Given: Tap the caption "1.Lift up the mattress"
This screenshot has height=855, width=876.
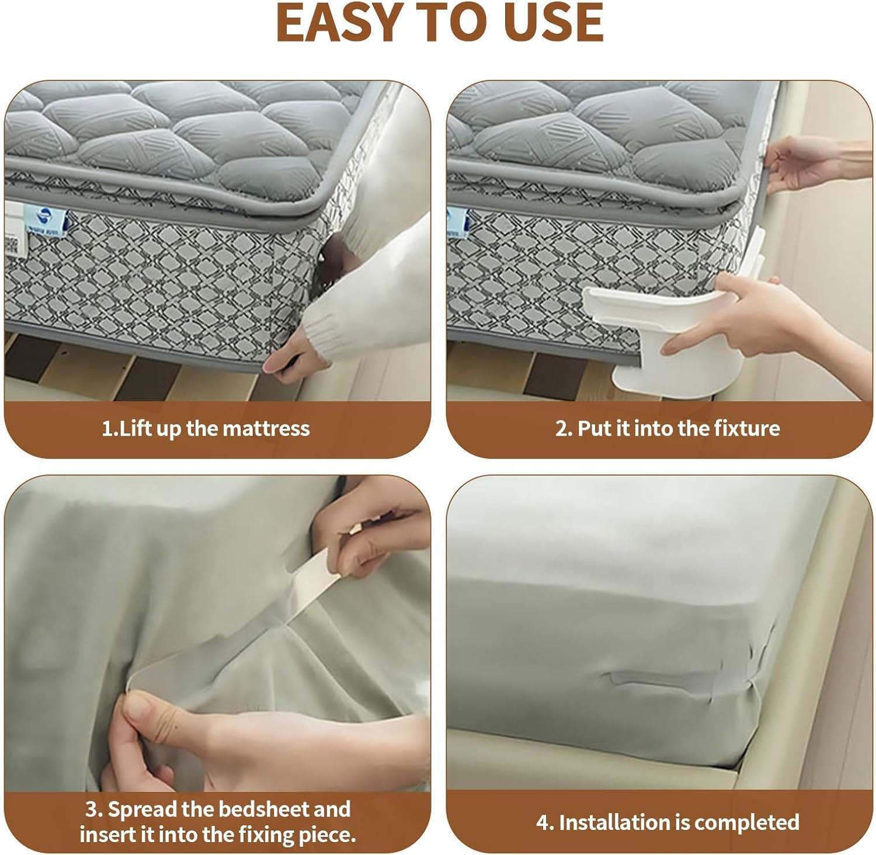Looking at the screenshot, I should [206, 429].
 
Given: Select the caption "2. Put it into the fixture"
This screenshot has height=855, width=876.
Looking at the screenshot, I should [667, 429].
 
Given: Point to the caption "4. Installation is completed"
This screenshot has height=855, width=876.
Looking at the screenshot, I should [667, 822].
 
